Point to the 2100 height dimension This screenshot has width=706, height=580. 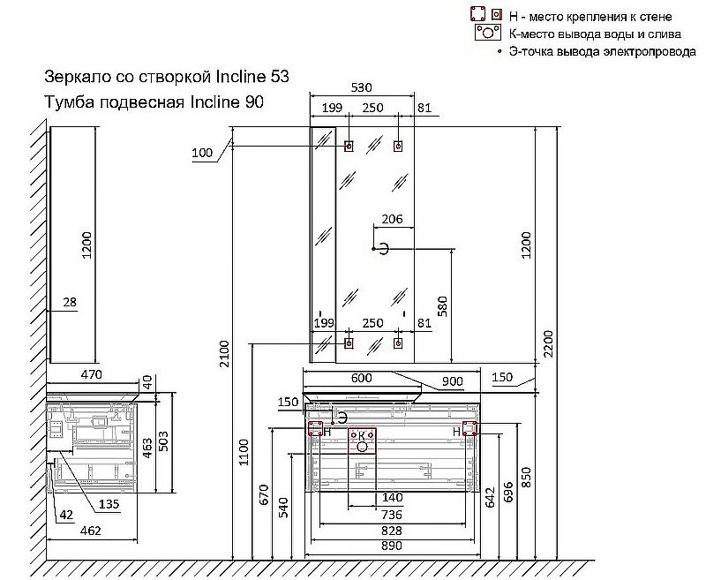223,353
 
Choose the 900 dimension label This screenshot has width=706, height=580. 453,381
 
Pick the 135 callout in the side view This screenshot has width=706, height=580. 109,504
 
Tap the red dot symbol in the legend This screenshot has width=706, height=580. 500,53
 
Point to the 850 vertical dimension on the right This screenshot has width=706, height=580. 551,477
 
